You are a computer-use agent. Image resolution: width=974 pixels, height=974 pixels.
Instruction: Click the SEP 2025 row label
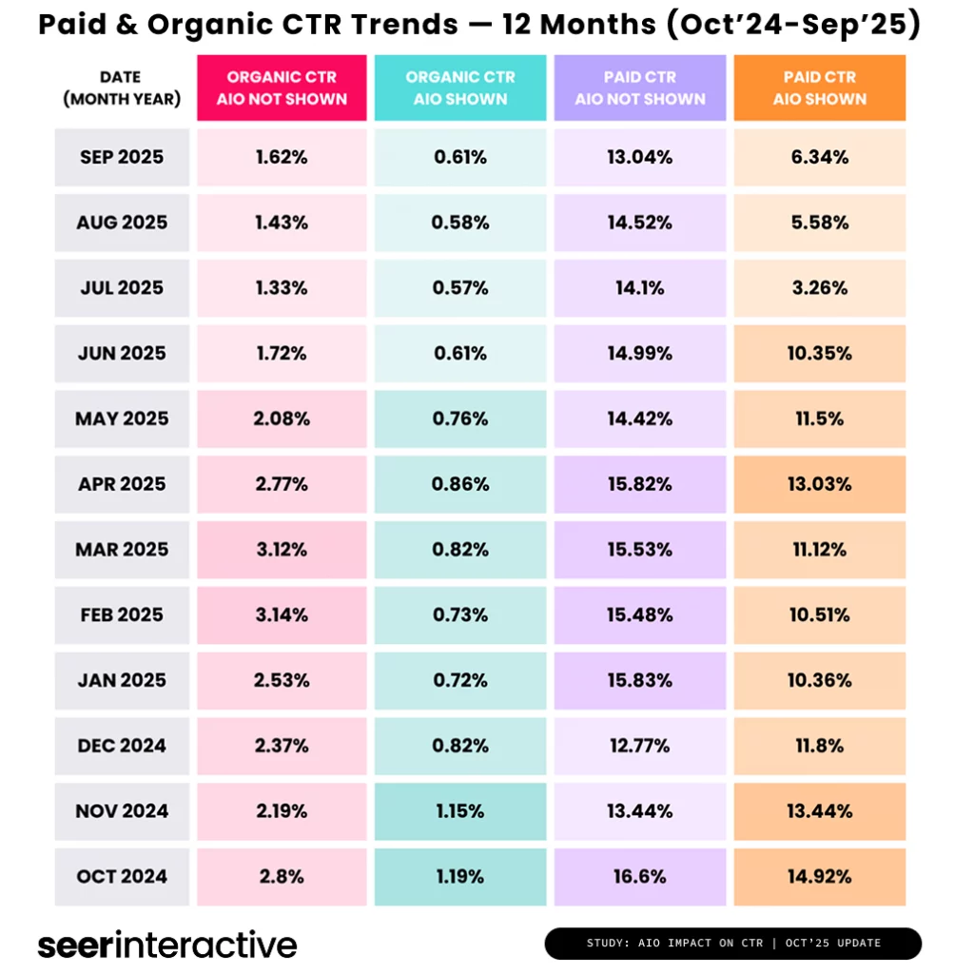[122, 158]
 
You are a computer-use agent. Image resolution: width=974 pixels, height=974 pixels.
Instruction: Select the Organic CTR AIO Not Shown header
[282, 88]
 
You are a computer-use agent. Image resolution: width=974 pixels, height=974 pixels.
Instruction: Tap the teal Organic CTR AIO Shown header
[460, 88]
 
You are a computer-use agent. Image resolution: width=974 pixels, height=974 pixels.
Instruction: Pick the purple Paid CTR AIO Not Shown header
[640, 88]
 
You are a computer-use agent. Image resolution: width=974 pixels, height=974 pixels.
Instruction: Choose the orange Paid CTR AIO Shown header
[819, 88]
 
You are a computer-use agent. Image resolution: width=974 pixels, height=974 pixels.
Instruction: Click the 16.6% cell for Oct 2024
[640, 877]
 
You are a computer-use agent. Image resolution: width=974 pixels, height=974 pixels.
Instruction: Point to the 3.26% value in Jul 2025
[819, 288]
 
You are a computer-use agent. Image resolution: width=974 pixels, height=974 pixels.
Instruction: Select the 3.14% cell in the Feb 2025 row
[282, 615]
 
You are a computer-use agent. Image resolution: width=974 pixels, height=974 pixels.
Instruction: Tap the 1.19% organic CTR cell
[460, 877]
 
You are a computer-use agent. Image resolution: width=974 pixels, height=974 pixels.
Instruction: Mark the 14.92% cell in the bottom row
[819, 877]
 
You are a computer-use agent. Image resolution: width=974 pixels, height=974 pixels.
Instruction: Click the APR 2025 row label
[122, 484]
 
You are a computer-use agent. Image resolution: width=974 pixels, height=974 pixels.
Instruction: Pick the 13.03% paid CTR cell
[819, 484]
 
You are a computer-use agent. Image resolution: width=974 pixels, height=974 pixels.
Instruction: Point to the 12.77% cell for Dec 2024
[640, 746]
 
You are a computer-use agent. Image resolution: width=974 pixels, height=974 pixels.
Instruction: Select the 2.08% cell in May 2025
[282, 419]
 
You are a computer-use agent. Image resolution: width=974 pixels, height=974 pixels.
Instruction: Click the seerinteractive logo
[167, 945]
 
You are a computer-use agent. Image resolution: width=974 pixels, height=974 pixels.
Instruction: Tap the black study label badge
[732, 944]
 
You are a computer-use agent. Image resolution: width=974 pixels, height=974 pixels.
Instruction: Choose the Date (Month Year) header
[122, 88]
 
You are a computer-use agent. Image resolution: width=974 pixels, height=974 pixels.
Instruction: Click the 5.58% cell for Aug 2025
[819, 223]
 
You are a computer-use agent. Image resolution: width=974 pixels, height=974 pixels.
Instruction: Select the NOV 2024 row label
[122, 811]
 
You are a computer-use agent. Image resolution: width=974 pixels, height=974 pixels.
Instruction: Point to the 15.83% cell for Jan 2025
[640, 681]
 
